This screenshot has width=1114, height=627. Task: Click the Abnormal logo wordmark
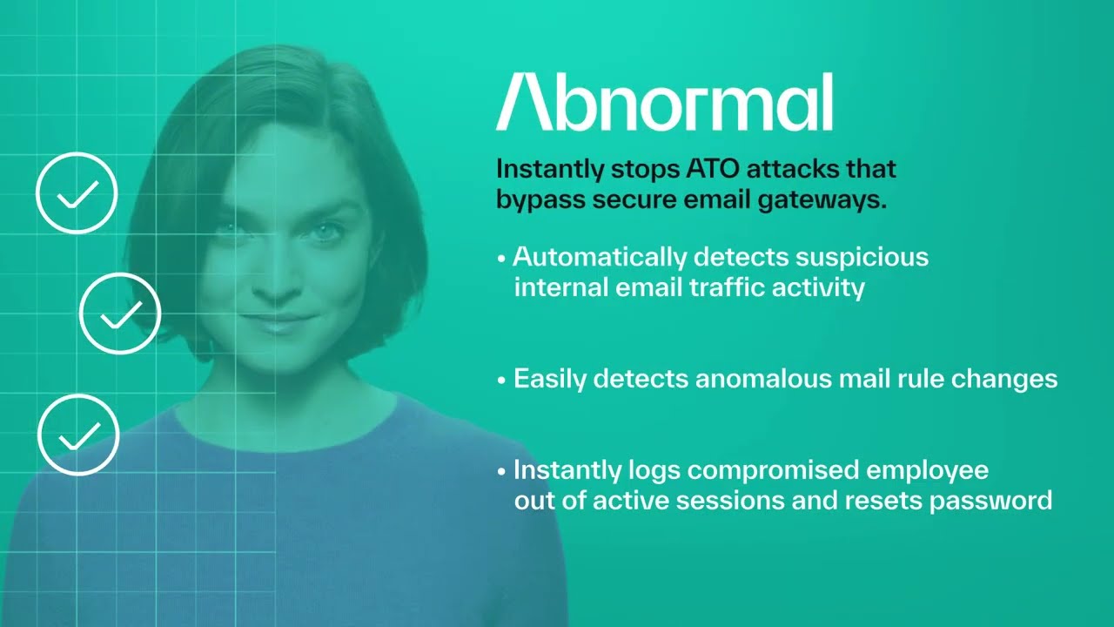pos(664,103)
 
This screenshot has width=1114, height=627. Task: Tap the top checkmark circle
pos(77,193)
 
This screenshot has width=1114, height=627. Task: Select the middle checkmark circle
pos(120,313)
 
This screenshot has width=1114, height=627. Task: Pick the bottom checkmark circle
pos(78,435)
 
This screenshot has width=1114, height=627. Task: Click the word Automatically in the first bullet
pos(600,258)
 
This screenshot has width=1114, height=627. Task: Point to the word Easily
pos(551,379)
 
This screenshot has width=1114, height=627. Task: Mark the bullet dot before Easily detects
pos(501,381)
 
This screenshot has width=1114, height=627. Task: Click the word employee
pos(929,471)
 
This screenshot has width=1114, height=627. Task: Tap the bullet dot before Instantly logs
pos(501,472)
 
